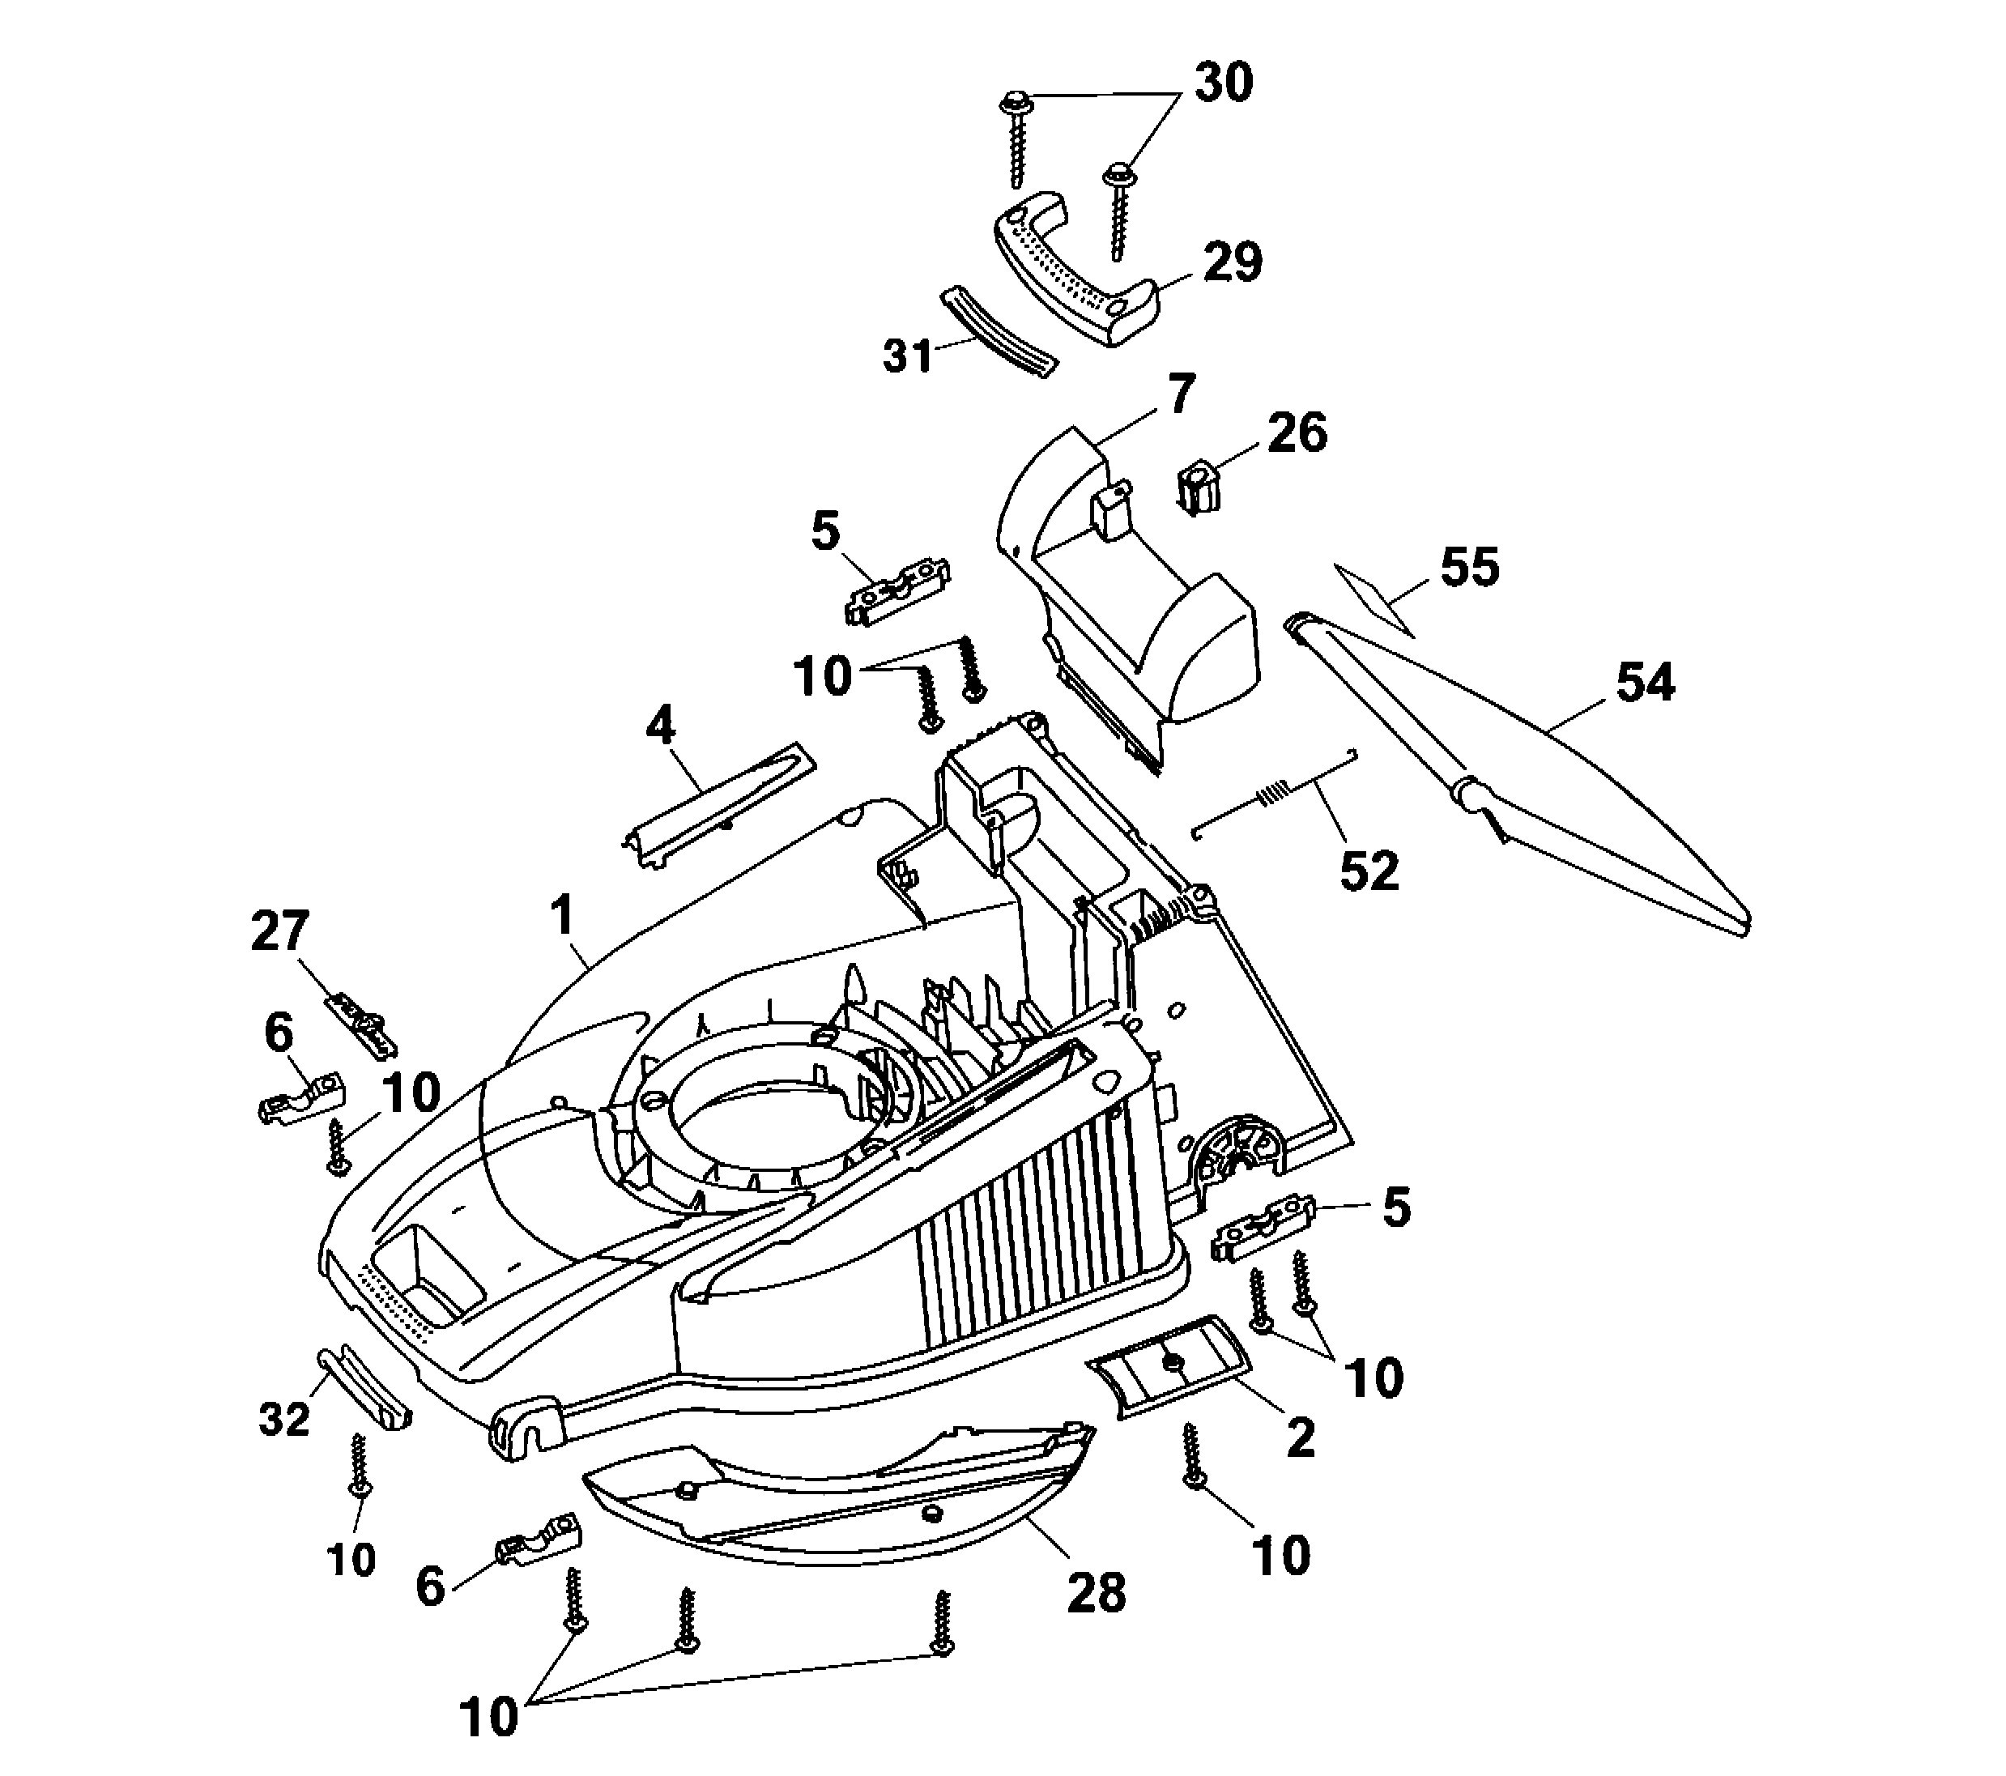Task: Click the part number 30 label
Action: (x=1223, y=83)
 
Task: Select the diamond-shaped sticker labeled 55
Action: (x=1375, y=599)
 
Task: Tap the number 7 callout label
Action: (x=1181, y=394)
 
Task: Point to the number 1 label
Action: (x=561, y=918)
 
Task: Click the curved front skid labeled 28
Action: (x=834, y=1492)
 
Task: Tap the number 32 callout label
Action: (x=284, y=1418)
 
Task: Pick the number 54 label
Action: (x=1646, y=683)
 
